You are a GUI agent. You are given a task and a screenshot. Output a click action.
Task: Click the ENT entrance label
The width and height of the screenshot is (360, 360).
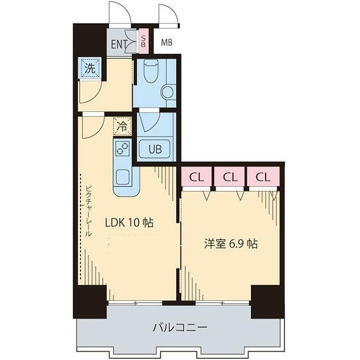click(119, 45)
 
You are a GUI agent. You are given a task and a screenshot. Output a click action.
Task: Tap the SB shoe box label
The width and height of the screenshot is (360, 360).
click(143, 41)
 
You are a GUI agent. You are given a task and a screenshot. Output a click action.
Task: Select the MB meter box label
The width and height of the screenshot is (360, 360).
click(167, 42)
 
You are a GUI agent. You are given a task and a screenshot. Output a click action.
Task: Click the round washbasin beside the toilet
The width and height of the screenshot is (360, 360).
click(168, 91)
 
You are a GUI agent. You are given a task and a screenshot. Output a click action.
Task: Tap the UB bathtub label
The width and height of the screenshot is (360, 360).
click(155, 149)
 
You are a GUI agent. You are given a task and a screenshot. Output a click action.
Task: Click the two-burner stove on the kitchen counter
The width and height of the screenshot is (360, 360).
click(123, 148)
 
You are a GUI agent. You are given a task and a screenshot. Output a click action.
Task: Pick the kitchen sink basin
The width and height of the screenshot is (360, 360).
click(123, 177)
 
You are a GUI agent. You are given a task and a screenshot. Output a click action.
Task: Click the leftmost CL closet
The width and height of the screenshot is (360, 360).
click(196, 177)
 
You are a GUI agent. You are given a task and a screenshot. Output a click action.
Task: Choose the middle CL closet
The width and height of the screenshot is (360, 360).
click(229, 177)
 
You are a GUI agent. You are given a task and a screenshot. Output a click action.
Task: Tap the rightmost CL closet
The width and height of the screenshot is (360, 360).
click(263, 177)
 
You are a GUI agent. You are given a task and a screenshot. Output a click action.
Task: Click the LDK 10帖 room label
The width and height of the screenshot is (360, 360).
click(129, 222)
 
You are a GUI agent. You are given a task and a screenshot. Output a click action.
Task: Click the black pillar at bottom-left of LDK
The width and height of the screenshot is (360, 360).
click(90, 301)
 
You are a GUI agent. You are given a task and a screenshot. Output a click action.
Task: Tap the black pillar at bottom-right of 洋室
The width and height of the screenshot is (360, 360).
click(267, 301)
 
